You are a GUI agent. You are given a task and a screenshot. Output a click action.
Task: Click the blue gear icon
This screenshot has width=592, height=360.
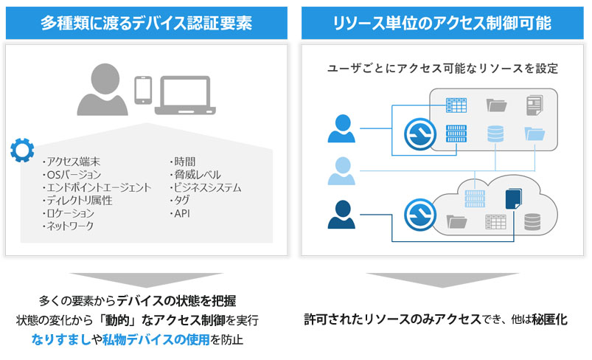click(x=21, y=150)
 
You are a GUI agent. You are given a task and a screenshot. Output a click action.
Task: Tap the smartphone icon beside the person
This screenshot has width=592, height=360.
click(x=143, y=89)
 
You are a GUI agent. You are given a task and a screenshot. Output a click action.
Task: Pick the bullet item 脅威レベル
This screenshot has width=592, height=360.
click(x=195, y=175)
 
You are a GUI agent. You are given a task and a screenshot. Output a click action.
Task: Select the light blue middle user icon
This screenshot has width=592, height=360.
click(x=342, y=172)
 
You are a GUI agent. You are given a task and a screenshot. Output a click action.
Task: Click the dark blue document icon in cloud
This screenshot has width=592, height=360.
click(x=512, y=199)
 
